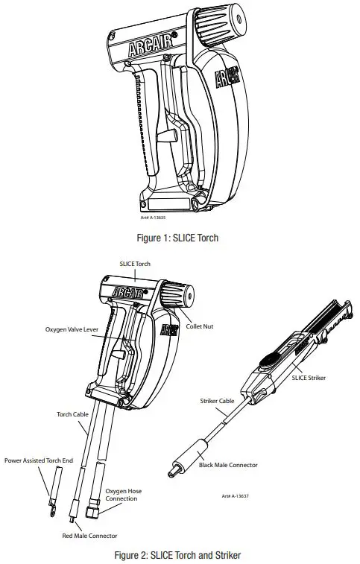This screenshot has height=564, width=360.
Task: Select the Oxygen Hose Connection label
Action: pos(121,494)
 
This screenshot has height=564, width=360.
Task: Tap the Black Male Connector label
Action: pos(228,465)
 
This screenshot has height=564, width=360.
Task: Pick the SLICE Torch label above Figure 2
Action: pos(136,264)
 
